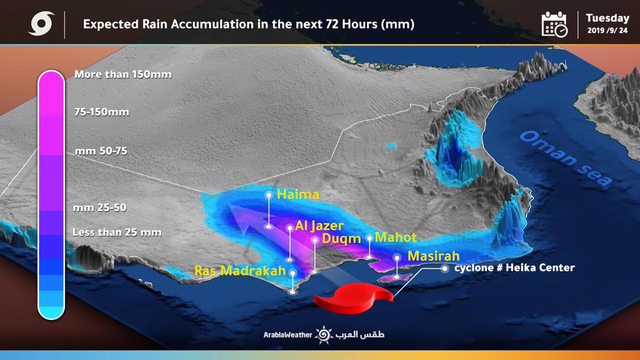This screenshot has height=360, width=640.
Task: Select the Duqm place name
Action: tap(342, 239)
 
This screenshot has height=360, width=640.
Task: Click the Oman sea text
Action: tap(565, 158)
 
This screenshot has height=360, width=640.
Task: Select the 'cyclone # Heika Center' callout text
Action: tap(514, 268)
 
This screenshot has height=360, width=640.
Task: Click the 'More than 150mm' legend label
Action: tap(123, 74)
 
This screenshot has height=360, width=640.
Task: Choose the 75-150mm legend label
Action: tap(102, 112)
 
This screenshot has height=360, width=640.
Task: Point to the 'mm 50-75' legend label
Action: tap(101, 151)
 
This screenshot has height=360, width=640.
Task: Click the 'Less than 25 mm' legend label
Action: tap(117, 232)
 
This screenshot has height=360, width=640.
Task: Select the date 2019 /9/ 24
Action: tap(607, 31)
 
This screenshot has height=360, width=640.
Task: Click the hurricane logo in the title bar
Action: tap(40, 25)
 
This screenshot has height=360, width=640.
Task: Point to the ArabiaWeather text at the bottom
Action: tap(287, 335)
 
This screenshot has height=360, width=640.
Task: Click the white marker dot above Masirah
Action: tap(397, 257)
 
